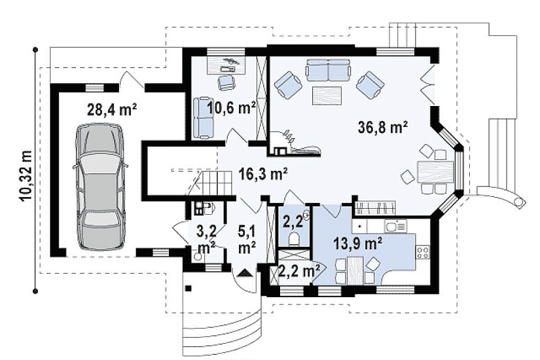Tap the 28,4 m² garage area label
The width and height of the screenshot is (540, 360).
coord(113,109)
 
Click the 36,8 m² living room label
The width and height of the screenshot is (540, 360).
coord(383,127)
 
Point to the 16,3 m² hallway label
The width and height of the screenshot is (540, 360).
coord(263,174)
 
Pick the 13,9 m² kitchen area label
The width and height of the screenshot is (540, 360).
coord(358,243)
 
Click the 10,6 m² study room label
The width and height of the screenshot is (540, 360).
coord(231,108)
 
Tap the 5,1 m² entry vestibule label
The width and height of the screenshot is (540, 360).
coord(247,240)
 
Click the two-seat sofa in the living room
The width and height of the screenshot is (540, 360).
coord(328,69)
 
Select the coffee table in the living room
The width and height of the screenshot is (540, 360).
coord(327,96)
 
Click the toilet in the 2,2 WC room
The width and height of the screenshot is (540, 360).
coord(294,239)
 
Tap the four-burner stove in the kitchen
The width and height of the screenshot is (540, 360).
coord(423,252)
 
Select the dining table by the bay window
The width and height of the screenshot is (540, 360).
coord(435,172)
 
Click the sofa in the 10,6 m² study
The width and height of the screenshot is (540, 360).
coord(203,118)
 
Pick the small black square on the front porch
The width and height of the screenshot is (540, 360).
coord(188,289)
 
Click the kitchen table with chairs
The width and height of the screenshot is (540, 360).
coord(355,270)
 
